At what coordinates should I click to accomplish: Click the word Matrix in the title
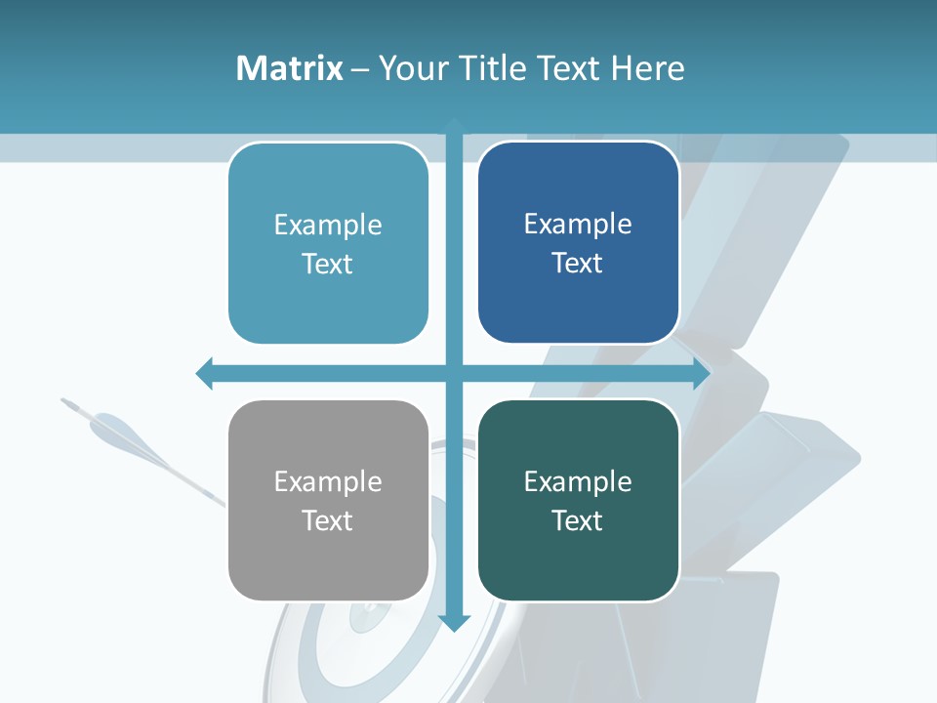click(x=289, y=68)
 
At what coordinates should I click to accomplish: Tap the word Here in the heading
click(x=648, y=68)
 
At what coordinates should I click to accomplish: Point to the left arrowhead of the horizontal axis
click(x=204, y=373)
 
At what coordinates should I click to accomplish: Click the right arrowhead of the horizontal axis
click(x=702, y=373)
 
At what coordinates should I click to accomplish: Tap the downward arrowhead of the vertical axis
click(x=455, y=622)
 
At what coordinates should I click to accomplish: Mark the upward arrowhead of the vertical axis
click(x=455, y=125)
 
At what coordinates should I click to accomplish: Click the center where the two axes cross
click(x=455, y=373)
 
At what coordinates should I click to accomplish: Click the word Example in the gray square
click(x=328, y=481)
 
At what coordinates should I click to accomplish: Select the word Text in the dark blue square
click(x=578, y=263)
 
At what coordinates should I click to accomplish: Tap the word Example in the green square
click(x=578, y=481)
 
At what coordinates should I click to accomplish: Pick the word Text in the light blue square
click(x=328, y=264)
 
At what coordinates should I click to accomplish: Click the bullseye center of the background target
click(x=370, y=615)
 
